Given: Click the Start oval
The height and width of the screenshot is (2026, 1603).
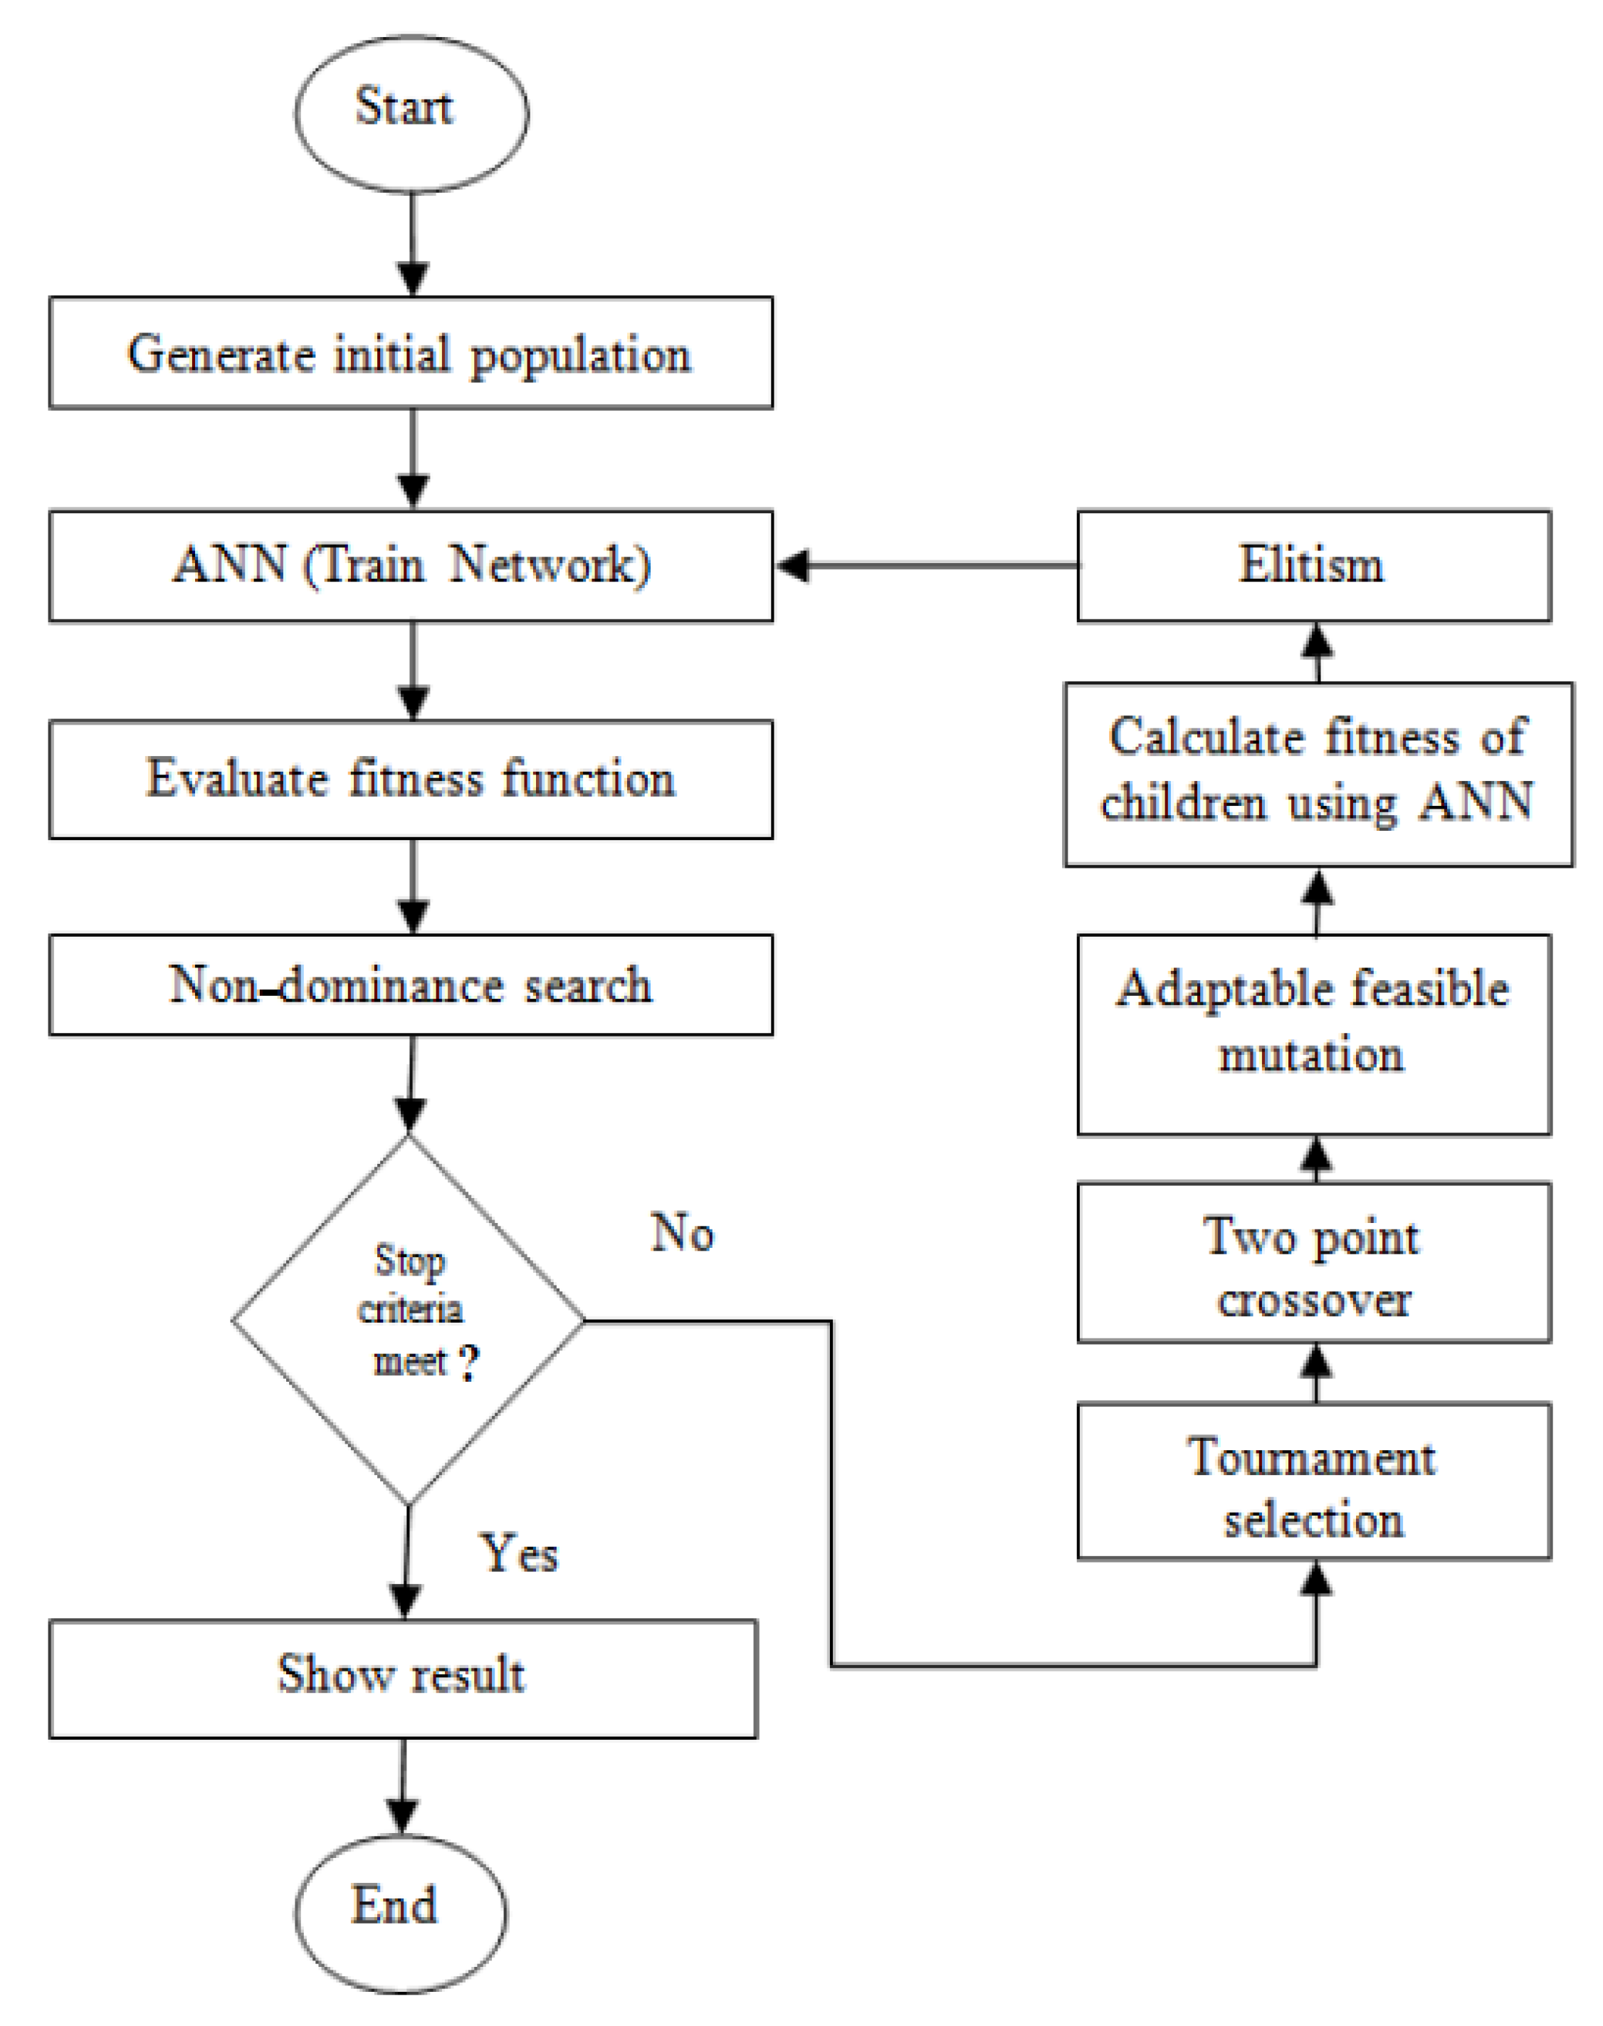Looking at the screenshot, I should click(x=411, y=114).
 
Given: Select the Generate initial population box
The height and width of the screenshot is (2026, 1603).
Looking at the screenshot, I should click(x=411, y=353).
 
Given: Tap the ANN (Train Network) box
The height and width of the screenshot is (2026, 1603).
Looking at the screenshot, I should click(x=411, y=566).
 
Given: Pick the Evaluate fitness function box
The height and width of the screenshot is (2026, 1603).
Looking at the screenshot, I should click(x=411, y=779).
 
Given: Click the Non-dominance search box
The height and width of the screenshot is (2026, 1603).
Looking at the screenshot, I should click(x=411, y=985).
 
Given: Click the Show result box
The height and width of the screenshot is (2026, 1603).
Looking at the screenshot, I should click(x=403, y=1679).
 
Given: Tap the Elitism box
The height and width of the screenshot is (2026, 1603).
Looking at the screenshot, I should click(x=1313, y=566).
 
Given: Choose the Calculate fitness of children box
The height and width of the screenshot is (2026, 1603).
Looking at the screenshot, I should click(x=1318, y=775).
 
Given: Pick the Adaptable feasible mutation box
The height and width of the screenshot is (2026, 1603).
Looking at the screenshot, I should click(x=1313, y=1034).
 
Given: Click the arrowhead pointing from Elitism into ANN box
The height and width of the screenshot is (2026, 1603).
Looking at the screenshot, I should click(x=794, y=566).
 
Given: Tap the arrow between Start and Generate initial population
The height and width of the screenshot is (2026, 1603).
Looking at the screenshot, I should click(x=413, y=244).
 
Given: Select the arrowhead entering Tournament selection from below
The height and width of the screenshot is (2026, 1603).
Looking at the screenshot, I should click(x=1317, y=1578).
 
